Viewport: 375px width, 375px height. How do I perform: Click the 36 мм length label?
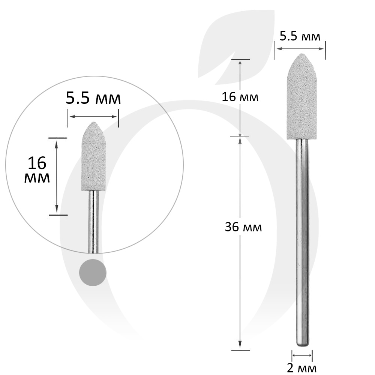tap(243, 227)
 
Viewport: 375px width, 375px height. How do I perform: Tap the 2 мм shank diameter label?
tap(301, 368)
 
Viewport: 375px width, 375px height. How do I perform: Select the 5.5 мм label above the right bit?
tap(300, 37)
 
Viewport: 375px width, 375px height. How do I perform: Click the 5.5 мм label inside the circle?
tap(93, 98)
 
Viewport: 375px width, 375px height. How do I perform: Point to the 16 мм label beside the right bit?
tap(240, 97)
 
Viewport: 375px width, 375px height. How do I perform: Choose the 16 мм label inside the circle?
tap(37, 170)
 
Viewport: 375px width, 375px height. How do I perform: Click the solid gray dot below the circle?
tap(93, 272)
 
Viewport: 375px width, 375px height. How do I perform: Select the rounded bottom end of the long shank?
tap(302, 345)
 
